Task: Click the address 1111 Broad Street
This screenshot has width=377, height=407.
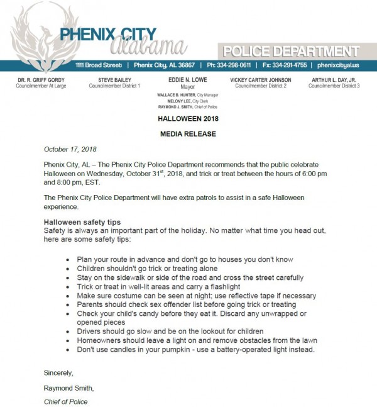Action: click(x=98, y=65)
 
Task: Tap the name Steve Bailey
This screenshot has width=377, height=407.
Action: click(x=114, y=80)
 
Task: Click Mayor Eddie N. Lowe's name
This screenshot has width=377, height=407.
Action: click(x=188, y=80)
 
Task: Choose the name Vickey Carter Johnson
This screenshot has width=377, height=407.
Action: click(x=261, y=80)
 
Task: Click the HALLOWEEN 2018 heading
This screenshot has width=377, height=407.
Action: click(x=188, y=118)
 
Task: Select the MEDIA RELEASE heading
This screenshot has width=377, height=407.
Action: click(x=188, y=134)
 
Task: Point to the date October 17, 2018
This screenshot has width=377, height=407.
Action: click(x=70, y=149)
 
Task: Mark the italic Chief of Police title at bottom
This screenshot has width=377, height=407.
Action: click(x=65, y=401)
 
